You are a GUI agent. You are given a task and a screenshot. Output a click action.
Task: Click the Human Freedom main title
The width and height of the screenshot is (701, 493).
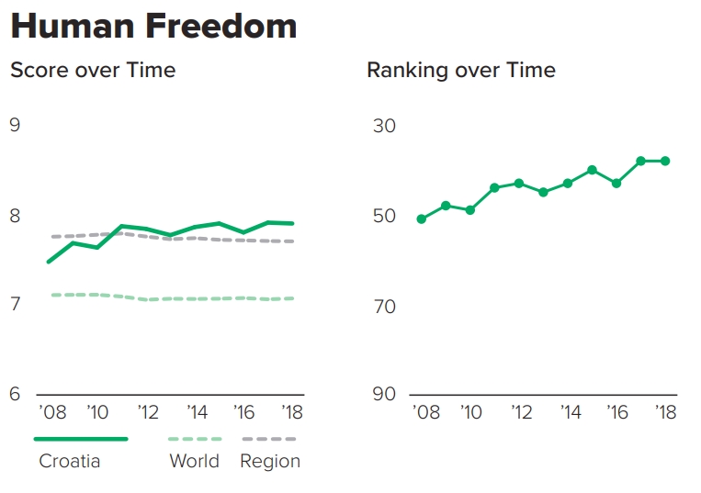click(x=153, y=26)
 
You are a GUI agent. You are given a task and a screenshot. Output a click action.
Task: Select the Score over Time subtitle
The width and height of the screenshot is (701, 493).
click(x=93, y=70)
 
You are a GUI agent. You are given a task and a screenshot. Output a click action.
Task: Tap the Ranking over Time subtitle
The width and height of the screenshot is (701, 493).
click(x=461, y=70)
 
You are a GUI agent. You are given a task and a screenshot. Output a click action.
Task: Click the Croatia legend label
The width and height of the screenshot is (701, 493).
click(x=70, y=461)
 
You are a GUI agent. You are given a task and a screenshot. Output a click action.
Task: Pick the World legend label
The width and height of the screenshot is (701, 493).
click(x=195, y=461)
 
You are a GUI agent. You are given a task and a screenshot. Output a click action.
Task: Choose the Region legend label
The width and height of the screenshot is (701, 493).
click(x=270, y=461)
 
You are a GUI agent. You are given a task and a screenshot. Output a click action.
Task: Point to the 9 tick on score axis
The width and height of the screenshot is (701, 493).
click(x=15, y=125)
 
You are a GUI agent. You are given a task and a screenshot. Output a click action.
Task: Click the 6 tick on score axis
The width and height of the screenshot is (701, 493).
click(x=15, y=394)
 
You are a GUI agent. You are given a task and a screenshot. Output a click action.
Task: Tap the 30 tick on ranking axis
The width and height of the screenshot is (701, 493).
click(x=384, y=125)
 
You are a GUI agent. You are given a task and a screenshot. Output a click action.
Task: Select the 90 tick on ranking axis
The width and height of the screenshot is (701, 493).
click(x=384, y=394)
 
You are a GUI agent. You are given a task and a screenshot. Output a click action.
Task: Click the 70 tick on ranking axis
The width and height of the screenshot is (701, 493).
click(x=384, y=305)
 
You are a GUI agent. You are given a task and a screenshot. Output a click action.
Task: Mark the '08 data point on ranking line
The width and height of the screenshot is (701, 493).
click(x=421, y=218)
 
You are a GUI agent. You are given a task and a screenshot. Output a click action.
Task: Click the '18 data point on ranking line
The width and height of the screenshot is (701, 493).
click(x=665, y=161)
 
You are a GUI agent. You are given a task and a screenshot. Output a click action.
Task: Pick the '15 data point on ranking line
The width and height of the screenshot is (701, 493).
click(x=593, y=170)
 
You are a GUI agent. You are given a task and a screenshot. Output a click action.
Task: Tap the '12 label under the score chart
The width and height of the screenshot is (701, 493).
click(x=149, y=412)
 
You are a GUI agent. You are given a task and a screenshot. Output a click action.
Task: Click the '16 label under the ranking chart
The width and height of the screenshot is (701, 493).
click(x=618, y=412)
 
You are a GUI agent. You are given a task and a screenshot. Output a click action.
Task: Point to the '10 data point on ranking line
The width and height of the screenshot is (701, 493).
click(x=469, y=210)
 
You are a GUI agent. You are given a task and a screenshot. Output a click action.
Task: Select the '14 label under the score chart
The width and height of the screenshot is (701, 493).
click(x=197, y=412)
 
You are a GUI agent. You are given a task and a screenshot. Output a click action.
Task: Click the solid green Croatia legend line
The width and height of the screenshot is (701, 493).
click(x=81, y=439)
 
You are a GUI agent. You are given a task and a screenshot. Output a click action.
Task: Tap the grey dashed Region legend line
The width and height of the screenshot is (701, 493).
click(x=268, y=439)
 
